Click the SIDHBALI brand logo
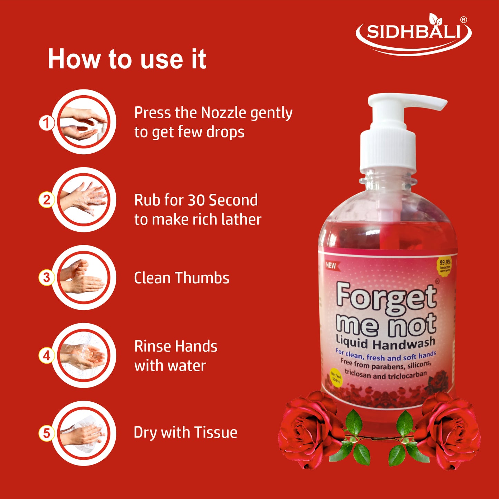pos(414,34)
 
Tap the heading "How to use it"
pos(127,59)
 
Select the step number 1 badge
pos(46,123)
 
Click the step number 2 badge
pos(46,200)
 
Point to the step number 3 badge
pos(46,278)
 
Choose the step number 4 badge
pos(46,355)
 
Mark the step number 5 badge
pos(46,433)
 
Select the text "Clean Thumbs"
pos(182,278)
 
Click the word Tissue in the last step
pos(215,432)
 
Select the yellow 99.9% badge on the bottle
pos(445,266)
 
